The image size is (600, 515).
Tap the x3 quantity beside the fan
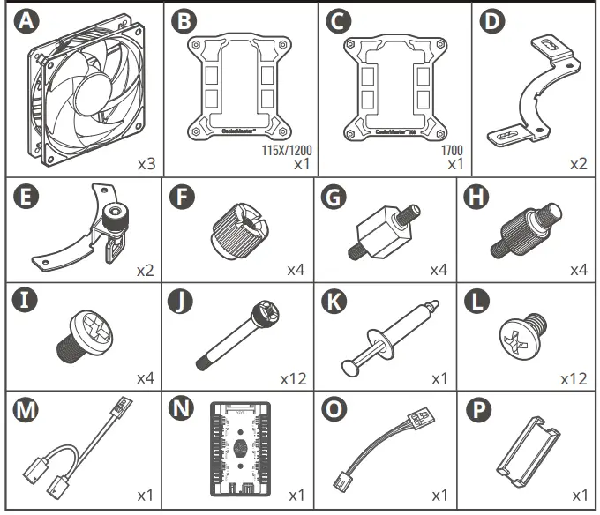(x=146, y=163)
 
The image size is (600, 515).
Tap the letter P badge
(x=476, y=412)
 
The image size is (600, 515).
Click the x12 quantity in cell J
(x=292, y=378)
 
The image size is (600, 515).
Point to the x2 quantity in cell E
(x=146, y=268)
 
